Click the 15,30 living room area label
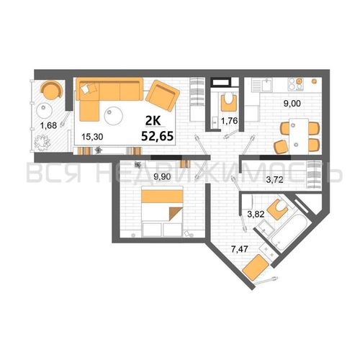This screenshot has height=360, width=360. pos(92,137)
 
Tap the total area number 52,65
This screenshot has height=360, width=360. pos(158,136)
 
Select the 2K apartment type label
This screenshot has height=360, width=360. pos(153,121)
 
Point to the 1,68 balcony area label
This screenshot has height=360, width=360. pos(48,125)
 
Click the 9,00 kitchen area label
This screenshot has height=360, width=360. pos(292,104)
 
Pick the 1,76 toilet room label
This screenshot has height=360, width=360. pos(229,121)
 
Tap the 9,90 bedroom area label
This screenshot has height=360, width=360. pos(162,177)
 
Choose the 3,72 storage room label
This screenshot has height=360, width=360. pos(275,179)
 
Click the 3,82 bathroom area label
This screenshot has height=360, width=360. pos(256,214)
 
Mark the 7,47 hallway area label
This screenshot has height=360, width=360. pos(239,249)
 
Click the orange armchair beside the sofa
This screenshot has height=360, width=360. pos(163,96)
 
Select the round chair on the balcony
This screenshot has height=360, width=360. pos(52,89)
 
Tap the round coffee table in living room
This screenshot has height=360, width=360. pos(114,116)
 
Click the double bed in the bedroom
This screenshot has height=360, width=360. pos(163,211)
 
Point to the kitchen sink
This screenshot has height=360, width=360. pos(266,85)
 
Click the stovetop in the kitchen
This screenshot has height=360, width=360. pos(296,84)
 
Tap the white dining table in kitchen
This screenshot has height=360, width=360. pos(299,136)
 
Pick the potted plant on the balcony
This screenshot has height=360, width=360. pos(42,143)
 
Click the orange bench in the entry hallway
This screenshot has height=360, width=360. pos(256,267)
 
